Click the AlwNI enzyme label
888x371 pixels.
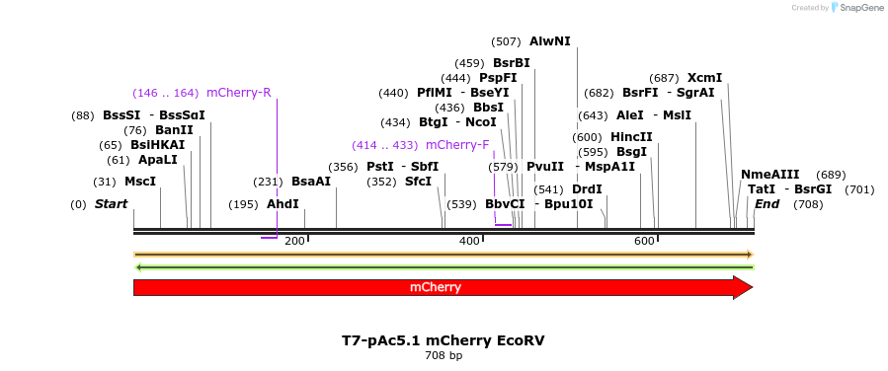point(549,41)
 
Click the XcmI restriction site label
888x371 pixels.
point(704,78)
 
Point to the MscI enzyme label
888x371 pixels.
point(140,182)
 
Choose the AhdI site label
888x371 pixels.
point(283,204)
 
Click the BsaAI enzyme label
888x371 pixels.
point(311,182)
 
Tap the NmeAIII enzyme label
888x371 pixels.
point(770,175)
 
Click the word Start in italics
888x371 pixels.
point(111,204)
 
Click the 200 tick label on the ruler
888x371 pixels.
point(294,242)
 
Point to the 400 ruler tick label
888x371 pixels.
point(469,242)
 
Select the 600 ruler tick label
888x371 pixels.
point(644,242)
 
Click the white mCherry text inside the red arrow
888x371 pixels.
point(436,288)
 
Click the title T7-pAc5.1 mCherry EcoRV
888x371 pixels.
point(444,340)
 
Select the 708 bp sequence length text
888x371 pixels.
point(444,355)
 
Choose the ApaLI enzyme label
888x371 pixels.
point(158,160)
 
